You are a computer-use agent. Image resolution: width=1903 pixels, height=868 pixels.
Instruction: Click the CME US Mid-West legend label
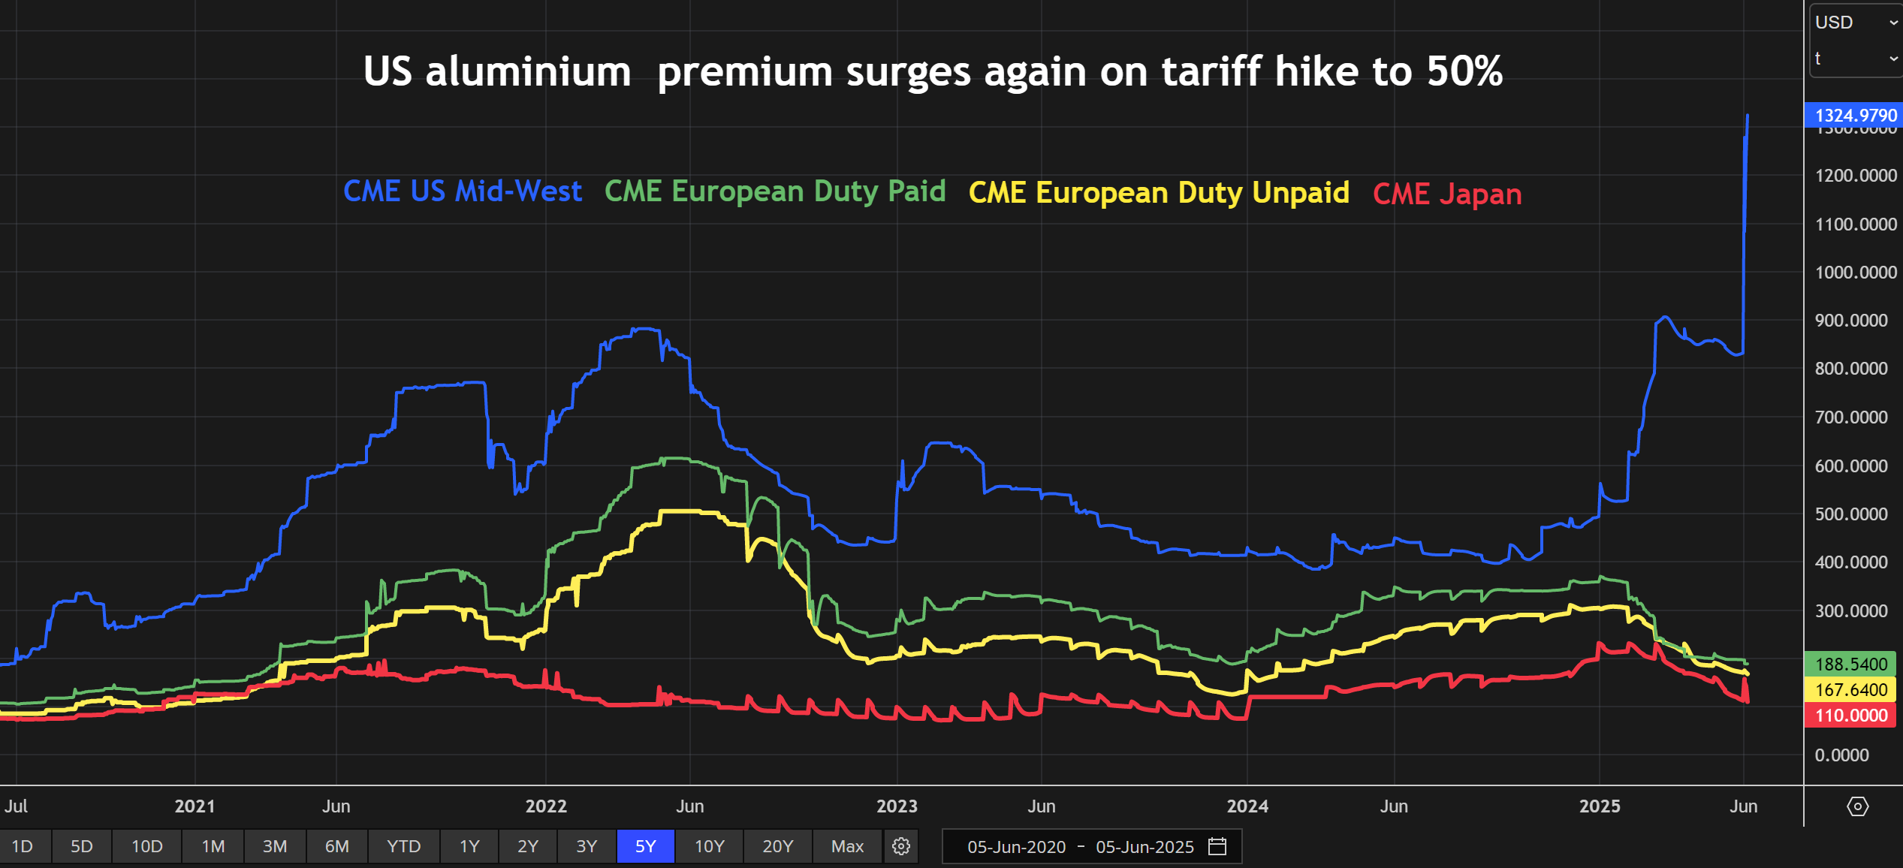463,191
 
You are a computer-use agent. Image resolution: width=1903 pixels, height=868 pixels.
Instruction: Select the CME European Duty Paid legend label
775,191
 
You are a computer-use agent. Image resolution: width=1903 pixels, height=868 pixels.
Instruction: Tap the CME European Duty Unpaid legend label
1159,193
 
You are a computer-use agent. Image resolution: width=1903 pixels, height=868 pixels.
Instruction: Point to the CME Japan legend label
1447,194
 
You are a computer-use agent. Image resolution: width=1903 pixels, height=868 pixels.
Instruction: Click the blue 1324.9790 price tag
1853,115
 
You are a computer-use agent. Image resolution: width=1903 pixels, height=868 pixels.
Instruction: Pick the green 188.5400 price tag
1850,664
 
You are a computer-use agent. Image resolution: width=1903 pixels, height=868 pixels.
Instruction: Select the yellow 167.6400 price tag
1850,689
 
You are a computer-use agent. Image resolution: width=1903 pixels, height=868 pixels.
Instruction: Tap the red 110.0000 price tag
1850,716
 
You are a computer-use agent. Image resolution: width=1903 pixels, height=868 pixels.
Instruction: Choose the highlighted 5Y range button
645,846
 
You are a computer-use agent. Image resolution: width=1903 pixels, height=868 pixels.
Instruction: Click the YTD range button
403,846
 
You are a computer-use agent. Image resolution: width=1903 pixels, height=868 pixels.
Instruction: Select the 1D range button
23,846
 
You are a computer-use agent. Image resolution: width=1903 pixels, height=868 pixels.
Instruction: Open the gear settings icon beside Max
901,846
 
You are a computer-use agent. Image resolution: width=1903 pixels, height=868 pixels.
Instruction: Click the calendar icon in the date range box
1217,846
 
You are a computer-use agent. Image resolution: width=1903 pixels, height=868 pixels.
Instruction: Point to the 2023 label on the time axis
897,806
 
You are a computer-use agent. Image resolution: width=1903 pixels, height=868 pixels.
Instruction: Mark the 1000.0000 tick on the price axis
1856,272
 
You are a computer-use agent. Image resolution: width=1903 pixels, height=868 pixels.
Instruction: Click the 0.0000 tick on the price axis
1842,755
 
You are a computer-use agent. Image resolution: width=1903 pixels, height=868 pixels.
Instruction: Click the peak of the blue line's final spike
1748,116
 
